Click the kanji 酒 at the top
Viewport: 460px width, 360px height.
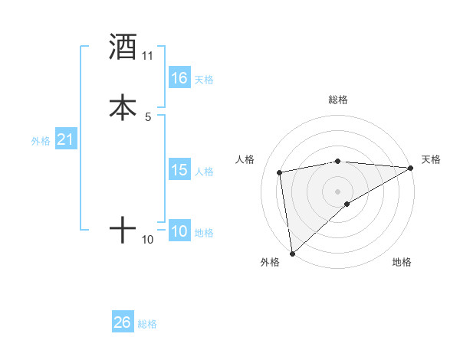123,47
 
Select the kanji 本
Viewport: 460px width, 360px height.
123,106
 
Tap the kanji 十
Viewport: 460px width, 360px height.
123,229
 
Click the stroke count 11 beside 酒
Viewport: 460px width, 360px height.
148,56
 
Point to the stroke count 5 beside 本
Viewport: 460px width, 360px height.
148,116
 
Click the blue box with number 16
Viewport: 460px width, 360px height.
179,78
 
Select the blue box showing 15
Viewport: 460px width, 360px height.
179,170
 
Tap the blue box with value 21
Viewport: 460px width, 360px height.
65,139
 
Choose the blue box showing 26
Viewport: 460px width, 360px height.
123,322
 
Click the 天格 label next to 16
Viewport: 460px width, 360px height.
204,80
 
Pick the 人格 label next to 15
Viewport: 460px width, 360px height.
204,172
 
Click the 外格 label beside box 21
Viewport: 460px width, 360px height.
41,141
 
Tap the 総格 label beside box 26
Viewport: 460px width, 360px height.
147,324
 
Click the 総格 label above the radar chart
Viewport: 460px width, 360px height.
338,100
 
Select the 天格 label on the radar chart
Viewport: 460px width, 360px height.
431,159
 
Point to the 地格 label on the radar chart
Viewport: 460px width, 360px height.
402,262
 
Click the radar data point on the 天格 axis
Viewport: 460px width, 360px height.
410,168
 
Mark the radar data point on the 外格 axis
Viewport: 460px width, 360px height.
292,253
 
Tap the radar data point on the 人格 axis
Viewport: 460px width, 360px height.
281,172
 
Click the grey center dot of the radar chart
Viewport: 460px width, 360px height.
338,191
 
